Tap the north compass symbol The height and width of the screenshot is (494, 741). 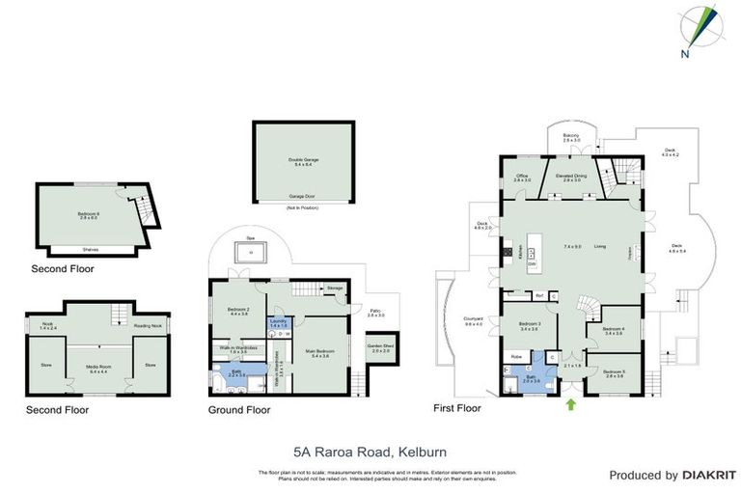point(699,29)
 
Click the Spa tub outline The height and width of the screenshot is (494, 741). point(251,254)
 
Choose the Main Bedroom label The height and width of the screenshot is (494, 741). point(318,353)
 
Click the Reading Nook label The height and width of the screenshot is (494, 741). point(148,326)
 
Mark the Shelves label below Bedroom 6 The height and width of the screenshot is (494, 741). point(91,249)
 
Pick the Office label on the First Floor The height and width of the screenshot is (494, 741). point(522,178)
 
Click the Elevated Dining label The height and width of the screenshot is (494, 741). point(572,178)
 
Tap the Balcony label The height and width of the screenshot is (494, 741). point(571,138)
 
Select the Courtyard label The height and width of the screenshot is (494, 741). point(473,322)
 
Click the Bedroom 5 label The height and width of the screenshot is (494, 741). point(614,372)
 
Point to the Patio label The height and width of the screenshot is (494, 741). point(376,314)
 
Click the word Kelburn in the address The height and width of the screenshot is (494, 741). point(420,451)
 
